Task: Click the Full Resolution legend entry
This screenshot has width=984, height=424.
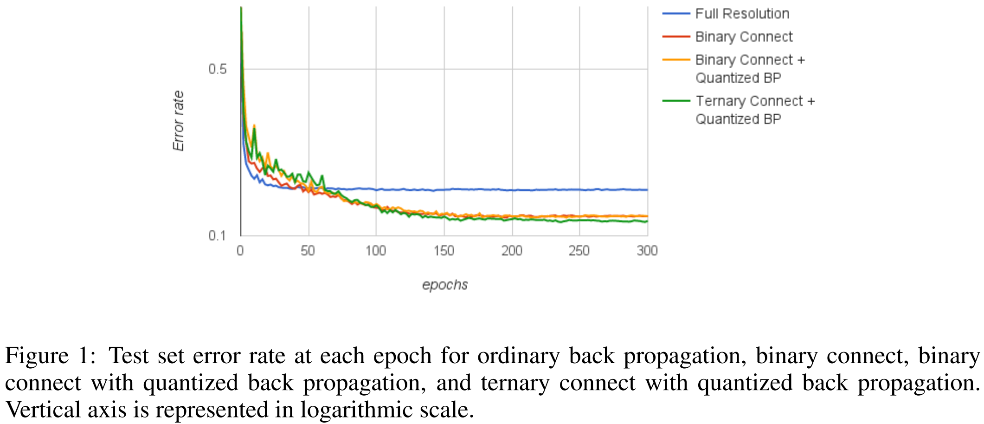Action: pyautogui.click(x=742, y=14)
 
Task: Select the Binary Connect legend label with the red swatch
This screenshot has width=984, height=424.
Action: pyautogui.click(x=744, y=37)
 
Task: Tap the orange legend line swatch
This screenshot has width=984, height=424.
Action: pyautogui.click(x=676, y=60)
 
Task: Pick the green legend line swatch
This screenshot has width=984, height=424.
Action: pyautogui.click(x=676, y=101)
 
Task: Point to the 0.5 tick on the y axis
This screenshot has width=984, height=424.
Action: pyautogui.click(x=217, y=69)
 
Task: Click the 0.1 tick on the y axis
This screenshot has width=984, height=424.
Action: pyautogui.click(x=217, y=235)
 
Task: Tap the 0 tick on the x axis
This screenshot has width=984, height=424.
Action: pyautogui.click(x=240, y=251)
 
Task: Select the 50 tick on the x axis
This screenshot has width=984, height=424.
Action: pyautogui.click(x=308, y=251)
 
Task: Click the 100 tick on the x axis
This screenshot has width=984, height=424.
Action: pyautogui.click(x=376, y=251)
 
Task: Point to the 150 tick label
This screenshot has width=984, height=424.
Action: pyautogui.click(x=444, y=251)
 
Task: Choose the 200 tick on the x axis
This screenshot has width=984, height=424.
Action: pyautogui.click(x=512, y=251)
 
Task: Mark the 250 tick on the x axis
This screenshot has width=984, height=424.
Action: pyautogui.click(x=579, y=251)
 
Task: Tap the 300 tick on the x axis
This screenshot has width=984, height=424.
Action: pyautogui.click(x=647, y=251)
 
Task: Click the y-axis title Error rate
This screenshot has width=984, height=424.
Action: pyautogui.click(x=179, y=121)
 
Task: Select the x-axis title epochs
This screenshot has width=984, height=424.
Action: pyautogui.click(x=445, y=285)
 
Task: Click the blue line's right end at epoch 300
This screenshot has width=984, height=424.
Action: pyautogui.click(x=647, y=190)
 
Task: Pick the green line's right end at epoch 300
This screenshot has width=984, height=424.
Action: pyautogui.click(x=647, y=222)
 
